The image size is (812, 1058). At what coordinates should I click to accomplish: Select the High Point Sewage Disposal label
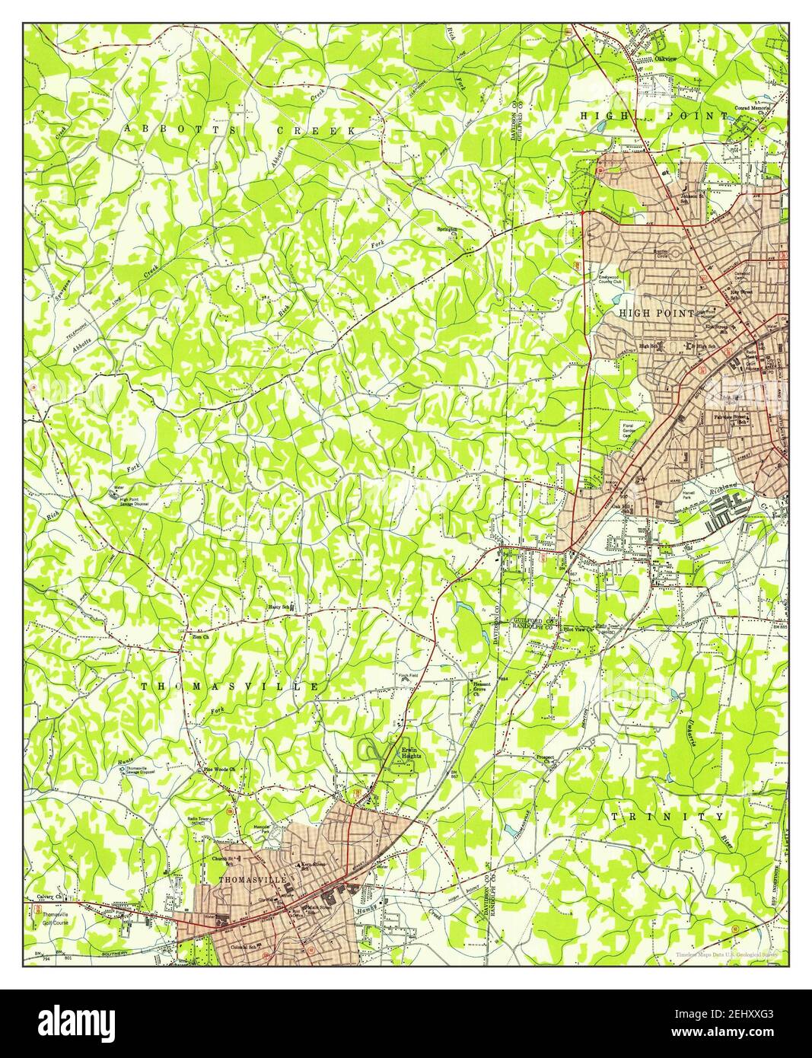(133, 502)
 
